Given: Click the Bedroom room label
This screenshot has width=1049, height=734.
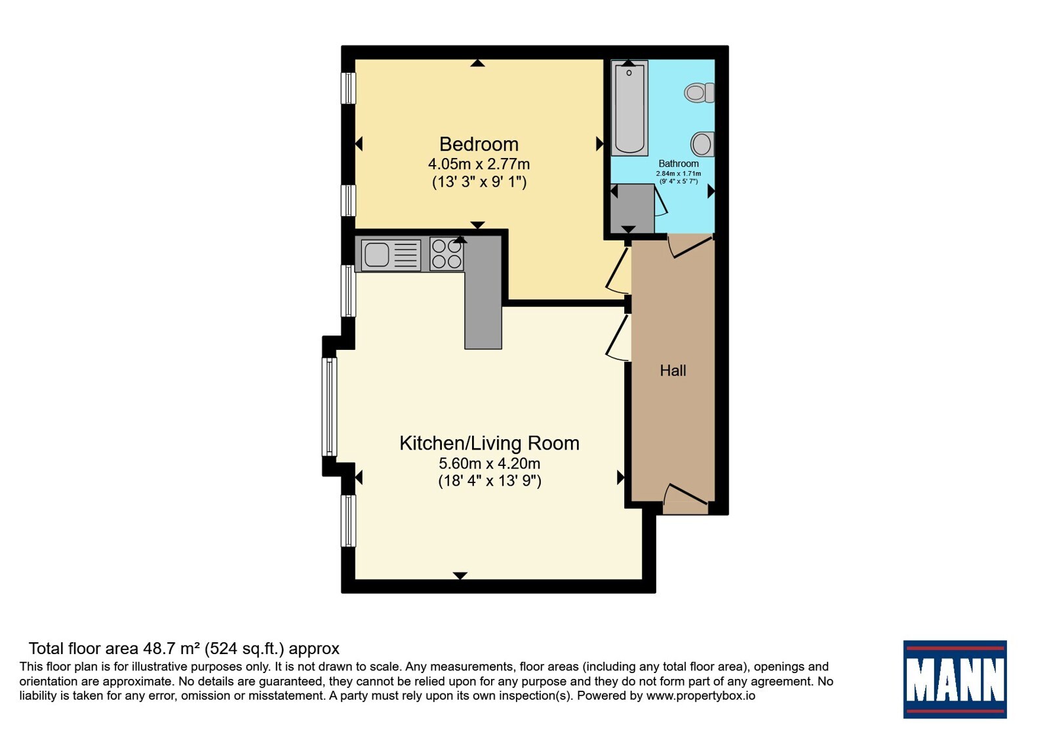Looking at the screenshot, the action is pos(479,144).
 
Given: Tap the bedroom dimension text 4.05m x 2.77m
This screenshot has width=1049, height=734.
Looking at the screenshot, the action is pos(479,164).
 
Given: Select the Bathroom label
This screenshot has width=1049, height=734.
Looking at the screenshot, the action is pos(679,163).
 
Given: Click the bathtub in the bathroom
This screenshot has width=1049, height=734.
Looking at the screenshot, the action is pos(629,107).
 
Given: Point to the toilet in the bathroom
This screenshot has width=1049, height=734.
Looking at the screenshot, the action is pos(699,92).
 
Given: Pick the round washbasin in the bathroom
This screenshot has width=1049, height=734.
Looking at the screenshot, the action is pos(703,144).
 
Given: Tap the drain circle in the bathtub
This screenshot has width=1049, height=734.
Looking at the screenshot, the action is pos(629,73).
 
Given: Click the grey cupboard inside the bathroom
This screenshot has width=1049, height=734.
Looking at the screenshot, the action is pos(633,208).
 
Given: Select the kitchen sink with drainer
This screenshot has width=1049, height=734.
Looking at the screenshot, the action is pos(391,255).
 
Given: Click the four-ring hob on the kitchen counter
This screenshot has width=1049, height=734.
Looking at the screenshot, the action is pos(446,254).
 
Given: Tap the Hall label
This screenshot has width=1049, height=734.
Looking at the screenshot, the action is pos(673,371).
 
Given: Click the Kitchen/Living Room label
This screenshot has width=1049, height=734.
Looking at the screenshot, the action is pos(489,443).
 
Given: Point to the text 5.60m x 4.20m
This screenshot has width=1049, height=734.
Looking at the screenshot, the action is pos(489,463).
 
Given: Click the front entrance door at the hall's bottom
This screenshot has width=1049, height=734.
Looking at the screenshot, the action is pos(686,495).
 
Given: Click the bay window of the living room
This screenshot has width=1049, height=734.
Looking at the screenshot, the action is pos(329,406).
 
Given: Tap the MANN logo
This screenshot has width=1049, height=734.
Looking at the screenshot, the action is pos(955,679).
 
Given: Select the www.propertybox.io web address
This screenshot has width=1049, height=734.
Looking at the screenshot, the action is pos(701,695).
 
